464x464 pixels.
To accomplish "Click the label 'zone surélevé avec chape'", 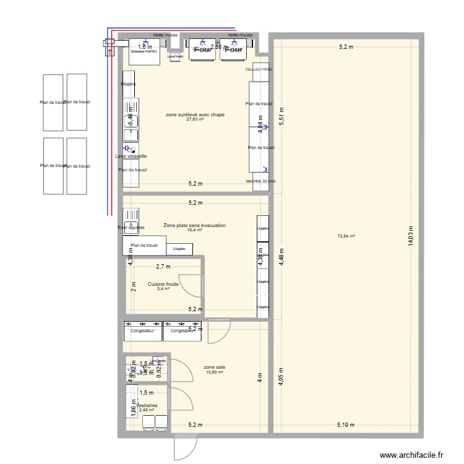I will [195, 114].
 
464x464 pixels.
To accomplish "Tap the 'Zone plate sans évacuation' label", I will [194, 226].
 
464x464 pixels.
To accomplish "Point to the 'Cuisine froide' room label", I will [163, 284].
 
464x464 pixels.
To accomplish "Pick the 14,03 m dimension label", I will [410, 236].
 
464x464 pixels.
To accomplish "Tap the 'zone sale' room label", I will [214, 367].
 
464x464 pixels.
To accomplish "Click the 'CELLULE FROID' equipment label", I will [259, 69].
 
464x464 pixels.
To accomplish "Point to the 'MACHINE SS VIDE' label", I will [260, 181].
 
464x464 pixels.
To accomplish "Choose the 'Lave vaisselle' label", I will [131, 156].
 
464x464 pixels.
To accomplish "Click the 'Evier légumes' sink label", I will [131, 228].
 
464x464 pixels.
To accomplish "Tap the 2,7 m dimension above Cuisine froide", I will [163, 267].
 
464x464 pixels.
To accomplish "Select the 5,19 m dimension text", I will [346, 424].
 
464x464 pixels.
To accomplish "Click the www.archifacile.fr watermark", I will [411, 455].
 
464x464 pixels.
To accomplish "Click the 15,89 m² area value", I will [214, 372].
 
